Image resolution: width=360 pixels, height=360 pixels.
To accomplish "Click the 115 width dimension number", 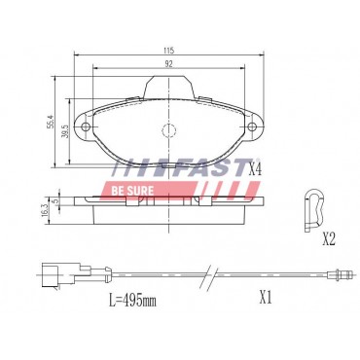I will (168, 49).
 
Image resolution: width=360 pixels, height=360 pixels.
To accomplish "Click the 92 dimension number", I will (168, 62).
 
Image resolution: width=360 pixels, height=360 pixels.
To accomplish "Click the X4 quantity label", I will (256, 170).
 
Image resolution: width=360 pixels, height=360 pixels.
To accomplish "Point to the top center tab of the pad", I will (168, 87).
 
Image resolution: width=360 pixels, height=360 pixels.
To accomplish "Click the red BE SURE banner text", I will (133, 180).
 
